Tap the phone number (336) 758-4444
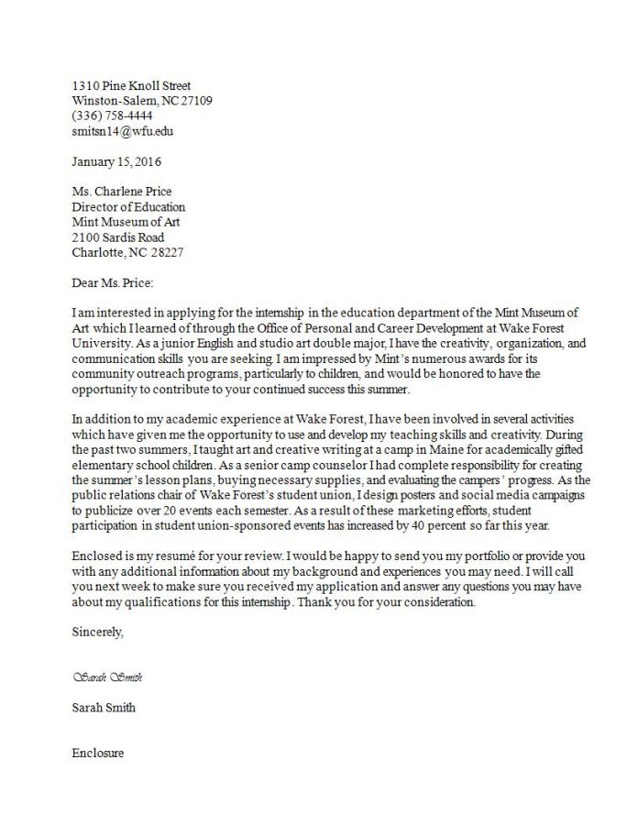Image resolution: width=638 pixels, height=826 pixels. coord(112,116)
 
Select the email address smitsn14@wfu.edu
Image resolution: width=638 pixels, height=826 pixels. coord(122,131)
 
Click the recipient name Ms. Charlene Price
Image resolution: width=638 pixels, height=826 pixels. coord(121,192)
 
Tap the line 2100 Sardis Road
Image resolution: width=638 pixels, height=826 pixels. coord(118,237)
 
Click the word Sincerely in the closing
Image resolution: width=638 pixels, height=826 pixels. coord(95,632)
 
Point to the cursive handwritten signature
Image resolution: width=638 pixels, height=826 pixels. coord(106,677)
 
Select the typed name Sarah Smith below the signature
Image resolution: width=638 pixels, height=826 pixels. coord(104,708)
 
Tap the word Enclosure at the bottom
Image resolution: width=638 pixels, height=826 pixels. coord(97,754)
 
